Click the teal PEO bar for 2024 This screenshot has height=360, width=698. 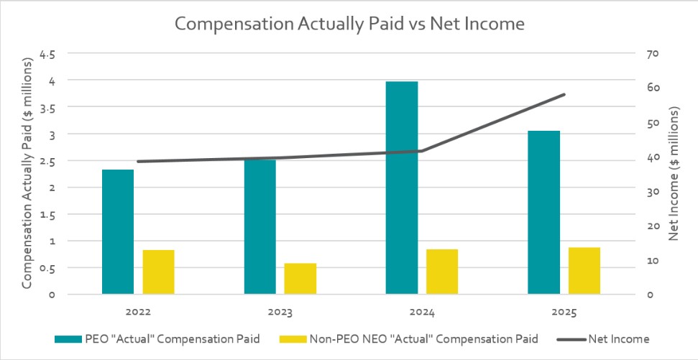(402, 188)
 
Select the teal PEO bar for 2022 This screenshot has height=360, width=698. (118, 231)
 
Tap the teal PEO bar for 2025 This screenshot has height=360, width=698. (543, 212)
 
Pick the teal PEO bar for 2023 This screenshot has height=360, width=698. (260, 226)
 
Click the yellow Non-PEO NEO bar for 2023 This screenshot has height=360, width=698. (300, 279)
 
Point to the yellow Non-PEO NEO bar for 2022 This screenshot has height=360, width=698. (158, 272)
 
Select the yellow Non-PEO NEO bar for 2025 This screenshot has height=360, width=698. (584, 271)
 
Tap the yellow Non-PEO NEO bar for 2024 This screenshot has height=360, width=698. (442, 272)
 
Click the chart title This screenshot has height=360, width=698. (350, 24)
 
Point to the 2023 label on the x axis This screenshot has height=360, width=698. (280, 313)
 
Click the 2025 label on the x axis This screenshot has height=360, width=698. (564, 313)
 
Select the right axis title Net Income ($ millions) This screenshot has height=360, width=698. (674, 174)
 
